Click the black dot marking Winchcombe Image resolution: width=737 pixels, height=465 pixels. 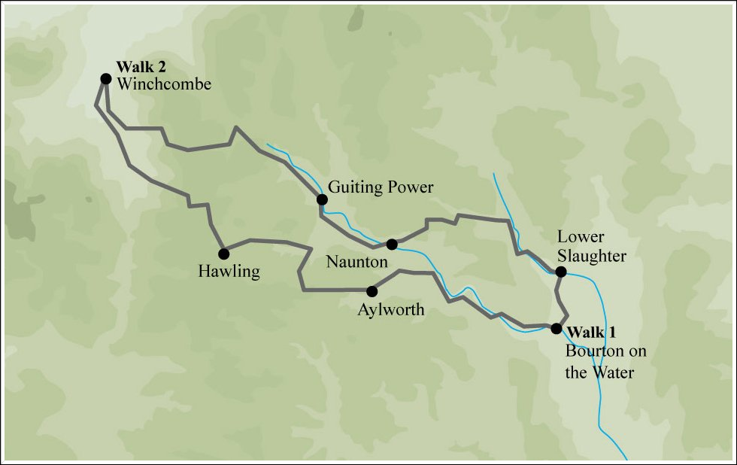point(106,78)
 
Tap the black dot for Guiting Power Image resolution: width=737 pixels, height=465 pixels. point(322,199)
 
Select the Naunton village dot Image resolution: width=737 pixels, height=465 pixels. point(391,244)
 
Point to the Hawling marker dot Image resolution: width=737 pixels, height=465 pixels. point(223,254)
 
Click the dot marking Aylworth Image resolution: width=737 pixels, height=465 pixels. point(372,290)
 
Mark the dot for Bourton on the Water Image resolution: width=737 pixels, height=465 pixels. point(556,328)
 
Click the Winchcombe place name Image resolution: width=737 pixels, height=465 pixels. point(164,84)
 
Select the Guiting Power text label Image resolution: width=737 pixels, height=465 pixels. point(381,187)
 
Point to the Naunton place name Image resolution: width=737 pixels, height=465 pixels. point(356,262)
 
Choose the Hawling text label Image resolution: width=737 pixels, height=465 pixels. point(229,271)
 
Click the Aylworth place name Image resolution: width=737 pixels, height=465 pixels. point(391,309)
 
